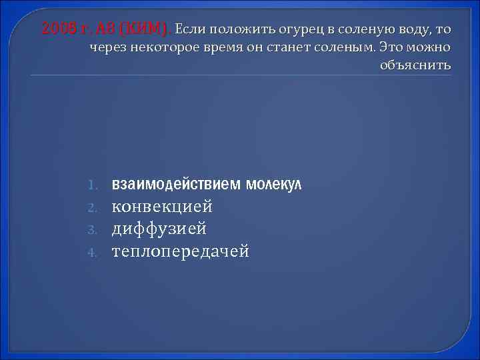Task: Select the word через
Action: tap(107, 48)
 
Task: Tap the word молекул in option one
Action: tap(273, 183)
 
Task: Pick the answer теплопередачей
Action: tap(180, 251)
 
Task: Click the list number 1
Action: tap(95, 184)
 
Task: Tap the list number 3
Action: tap(95, 229)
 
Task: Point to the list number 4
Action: tap(95, 252)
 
